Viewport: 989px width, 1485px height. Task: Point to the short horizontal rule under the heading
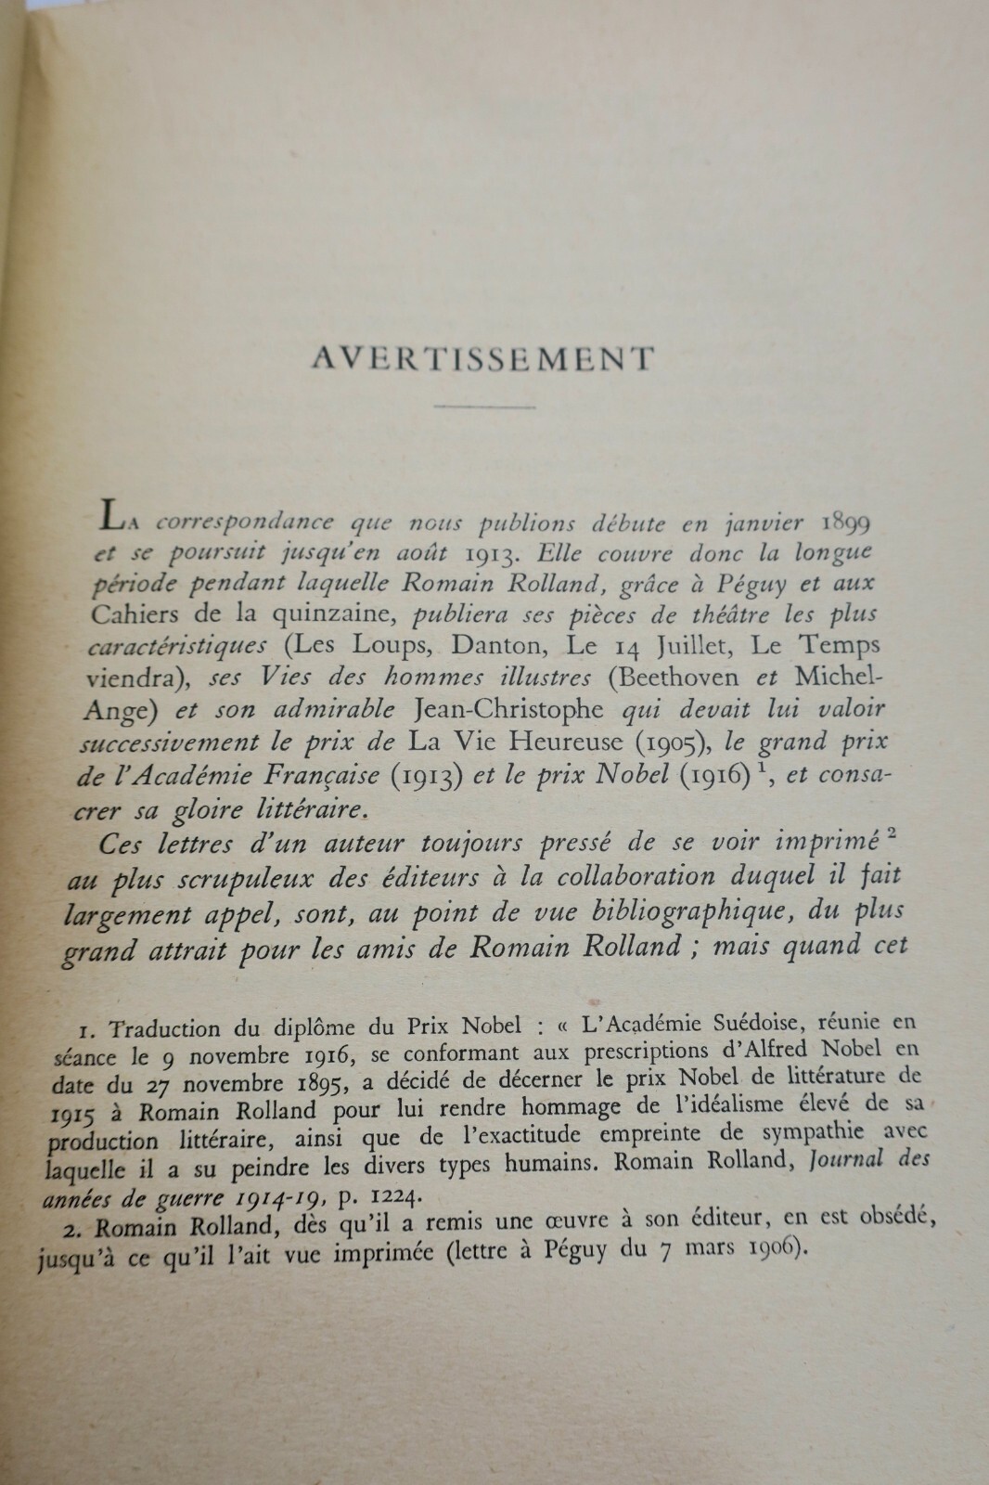[x=485, y=407]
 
